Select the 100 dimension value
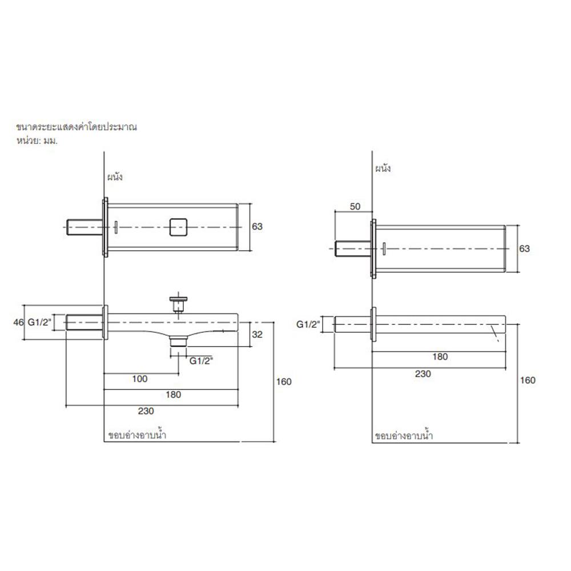point(140,379)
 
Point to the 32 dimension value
point(258,335)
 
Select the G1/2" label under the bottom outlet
point(201,361)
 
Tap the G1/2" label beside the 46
point(40,323)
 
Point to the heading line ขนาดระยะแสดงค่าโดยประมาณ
point(77,127)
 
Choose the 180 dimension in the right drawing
point(440,357)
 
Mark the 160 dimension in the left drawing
point(284,381)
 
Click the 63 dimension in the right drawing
point(525,248)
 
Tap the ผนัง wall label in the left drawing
point(115,176)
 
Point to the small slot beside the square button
point(115,227)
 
